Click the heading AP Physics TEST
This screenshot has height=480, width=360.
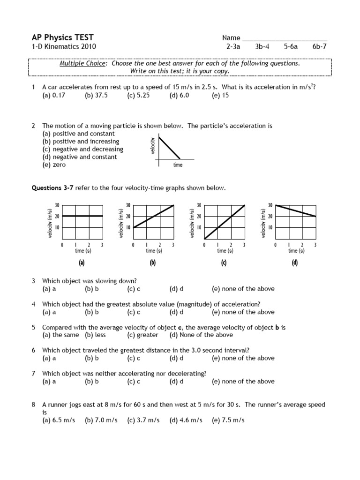pyautogui.click(x=62, y=37)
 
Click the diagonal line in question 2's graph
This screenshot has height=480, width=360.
pyautogui.click(x=170, y=147)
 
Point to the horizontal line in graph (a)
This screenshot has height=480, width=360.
pyautogui.click(x=82, y=216)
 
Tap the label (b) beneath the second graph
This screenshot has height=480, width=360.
pyautogui.click(x=152, y=263)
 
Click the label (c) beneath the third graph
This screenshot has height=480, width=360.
pyautogui.click(x=224, y=263)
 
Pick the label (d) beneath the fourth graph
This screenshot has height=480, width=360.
pyautogui.click(x=295, y=263)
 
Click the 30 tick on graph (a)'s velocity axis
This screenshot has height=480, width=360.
pyautogui.click(x=57, y=205)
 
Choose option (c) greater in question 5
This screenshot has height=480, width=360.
pyautogui.click(x=142, y=335)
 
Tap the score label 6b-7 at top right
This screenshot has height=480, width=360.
pyautogui.click(x=321, y=47)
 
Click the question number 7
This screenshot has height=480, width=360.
pyautogui.click(x=34, y=373)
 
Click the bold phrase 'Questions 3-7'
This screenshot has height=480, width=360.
pyautogui.click(x=51, y=188)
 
